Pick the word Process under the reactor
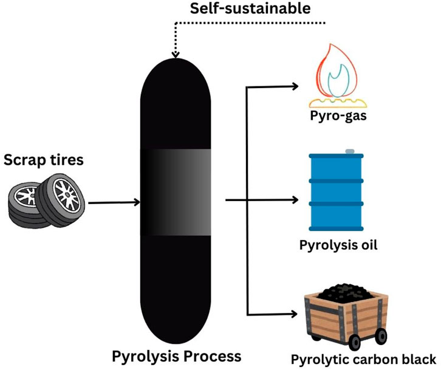210,355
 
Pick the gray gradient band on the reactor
176,192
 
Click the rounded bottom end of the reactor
176,328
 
